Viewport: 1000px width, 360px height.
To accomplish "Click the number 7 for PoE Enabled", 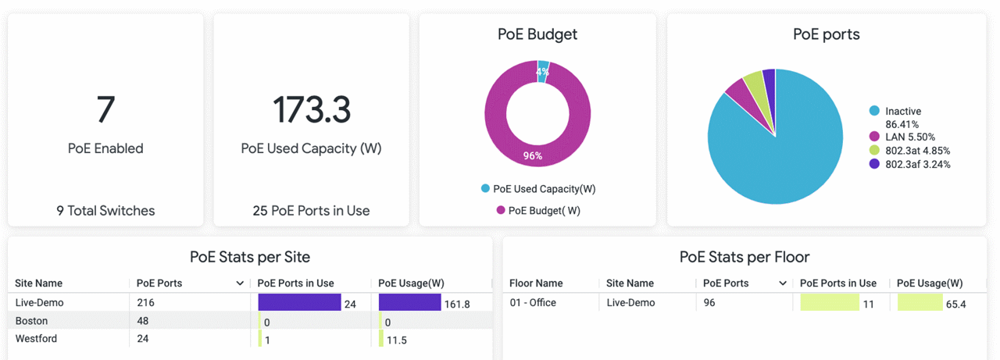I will tap(105, 109).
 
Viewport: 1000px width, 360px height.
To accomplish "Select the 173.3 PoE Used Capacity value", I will tap(311, 109).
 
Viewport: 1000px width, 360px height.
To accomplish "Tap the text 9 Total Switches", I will tap(105, 210).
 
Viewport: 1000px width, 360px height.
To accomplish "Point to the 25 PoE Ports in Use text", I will tap(311, 210).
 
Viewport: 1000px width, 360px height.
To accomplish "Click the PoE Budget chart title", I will tap(537, 34).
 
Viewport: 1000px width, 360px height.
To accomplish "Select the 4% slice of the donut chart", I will tap(543, 71).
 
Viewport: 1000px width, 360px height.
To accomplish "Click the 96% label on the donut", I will tap(533, 156).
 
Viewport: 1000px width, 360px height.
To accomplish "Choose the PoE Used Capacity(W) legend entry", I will tap(538, 189).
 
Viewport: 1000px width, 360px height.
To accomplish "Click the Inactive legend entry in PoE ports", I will tap(902, 112).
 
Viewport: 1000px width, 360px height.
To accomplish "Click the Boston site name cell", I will tap(31, 321).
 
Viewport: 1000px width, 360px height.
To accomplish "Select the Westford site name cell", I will tap(36, 339).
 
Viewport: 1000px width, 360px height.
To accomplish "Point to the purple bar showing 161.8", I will tap(409, 302).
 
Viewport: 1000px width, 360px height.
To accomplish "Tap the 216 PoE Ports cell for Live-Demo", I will tap(145, 302).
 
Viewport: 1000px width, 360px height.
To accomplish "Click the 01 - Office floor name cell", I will tap(533, 302).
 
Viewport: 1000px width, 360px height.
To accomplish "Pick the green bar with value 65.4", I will tap(920, 302).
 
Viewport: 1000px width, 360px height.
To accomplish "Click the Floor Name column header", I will tap(536, 283).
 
